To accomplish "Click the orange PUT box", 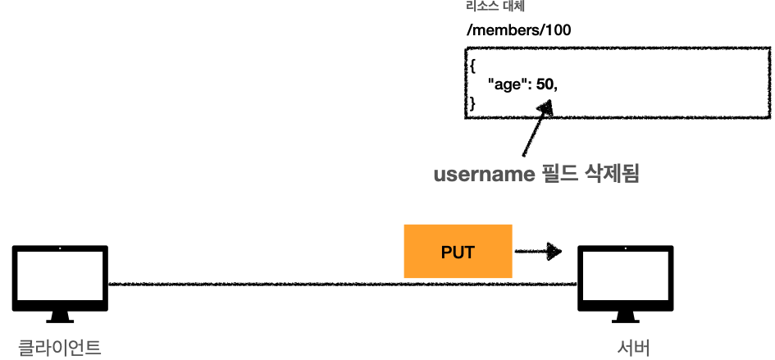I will click(458, 251).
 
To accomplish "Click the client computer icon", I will click(61, 280).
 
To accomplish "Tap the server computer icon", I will click(626, 280).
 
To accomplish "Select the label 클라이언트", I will click(60, 347).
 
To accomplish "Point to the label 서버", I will click(634, 347).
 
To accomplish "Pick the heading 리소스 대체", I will click(490, 6).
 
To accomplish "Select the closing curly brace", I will click(471, 103).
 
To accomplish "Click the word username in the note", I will click(482, 174).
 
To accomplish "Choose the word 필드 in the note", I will click(558, 174).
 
